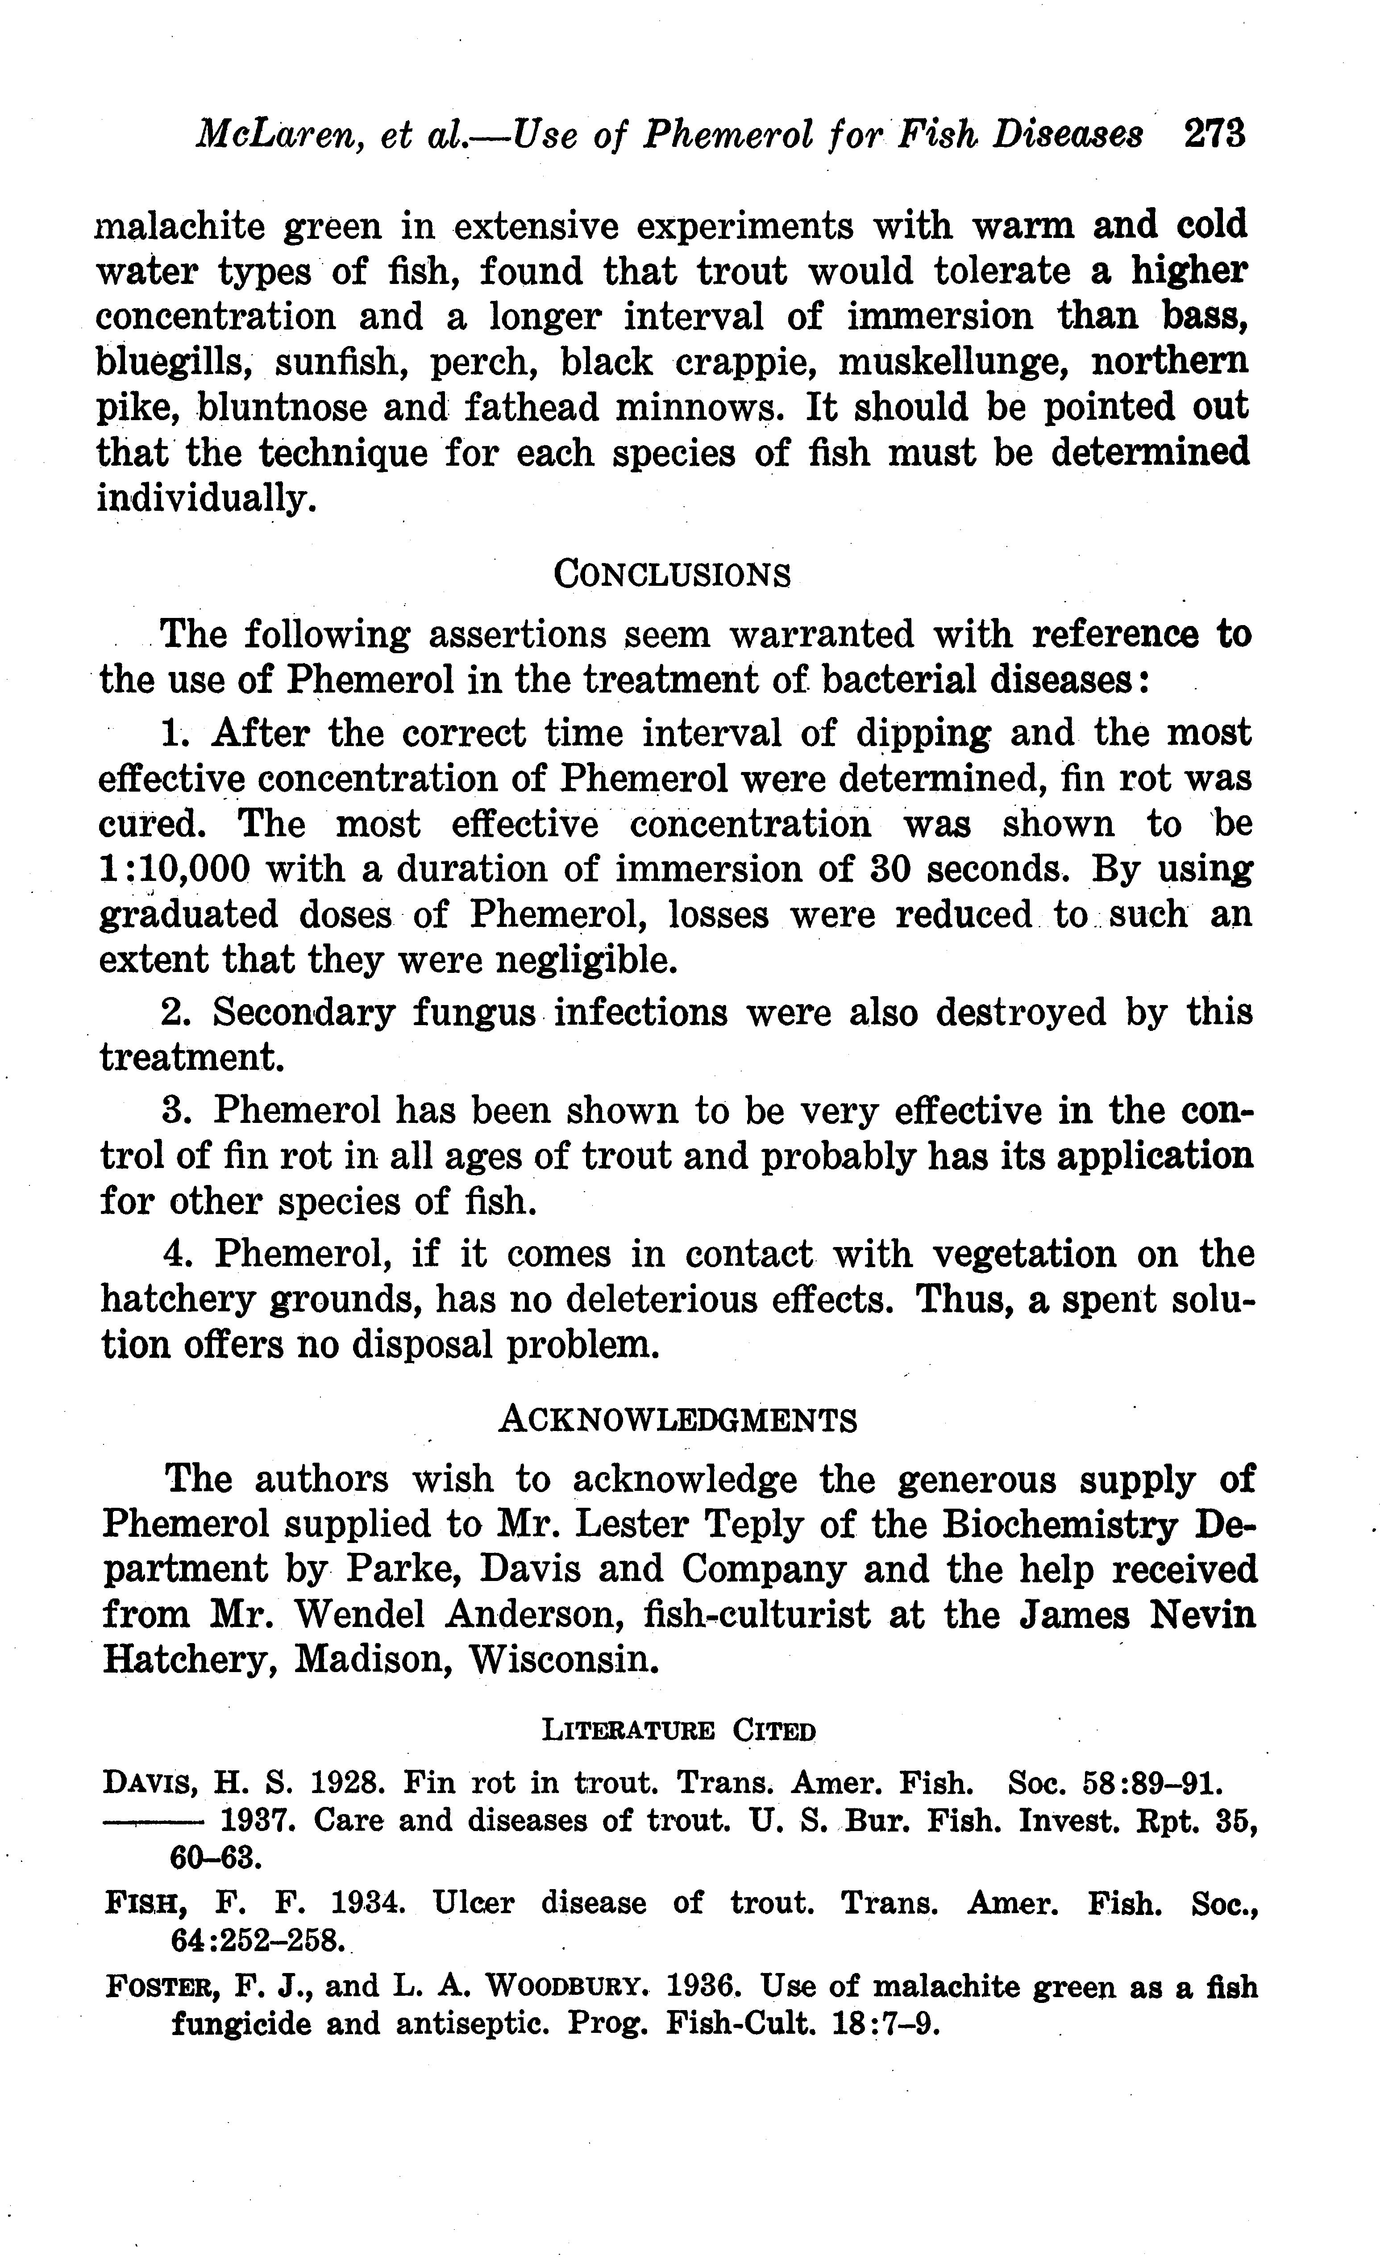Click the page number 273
pyautogui.click(x=1214, y=134)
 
